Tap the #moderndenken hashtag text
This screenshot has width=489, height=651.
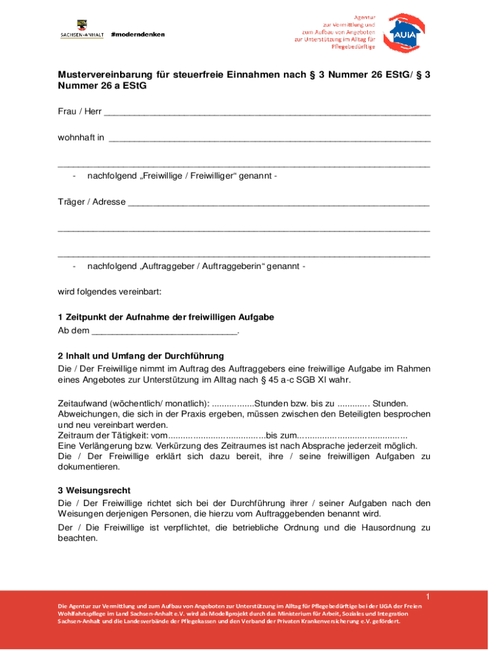tap(137, 34)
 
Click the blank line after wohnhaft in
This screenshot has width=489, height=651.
tap(269, 137)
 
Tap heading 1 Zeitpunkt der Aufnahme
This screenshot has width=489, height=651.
tap(166, 317)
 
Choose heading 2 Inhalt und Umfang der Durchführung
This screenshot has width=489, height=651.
tap(141, 356)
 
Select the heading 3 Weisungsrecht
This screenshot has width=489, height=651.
tap(94, 491)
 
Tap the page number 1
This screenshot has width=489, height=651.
tap(428, 596)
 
